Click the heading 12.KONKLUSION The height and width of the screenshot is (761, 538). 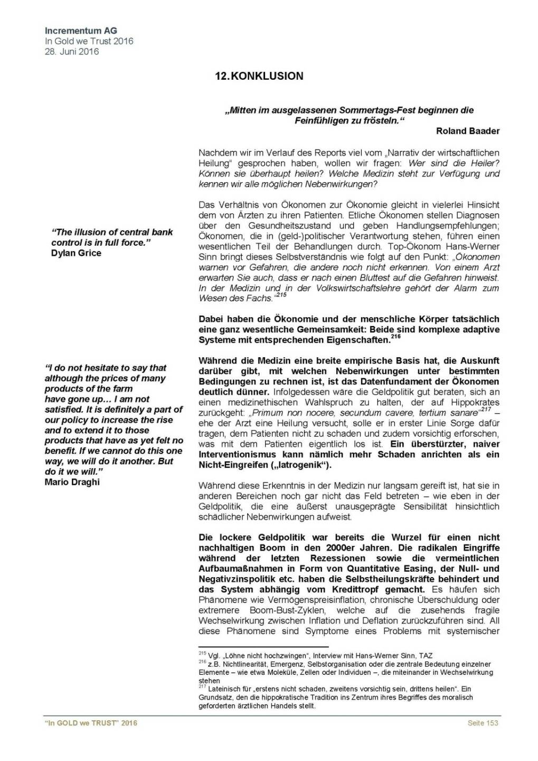pos(259,76)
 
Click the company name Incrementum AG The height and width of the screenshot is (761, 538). pos(81,31)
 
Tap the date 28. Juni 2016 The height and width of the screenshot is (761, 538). pos(72,51)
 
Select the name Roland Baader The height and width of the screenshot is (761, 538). pos(467,131)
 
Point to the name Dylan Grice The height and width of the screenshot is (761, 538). pos(76,253)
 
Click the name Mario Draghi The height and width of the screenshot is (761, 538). pos(72,482)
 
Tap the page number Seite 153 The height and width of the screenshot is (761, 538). pos(483,723)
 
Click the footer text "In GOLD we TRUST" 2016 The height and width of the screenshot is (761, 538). pos(91,723)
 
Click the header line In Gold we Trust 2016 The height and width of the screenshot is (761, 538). pos(89,41)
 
